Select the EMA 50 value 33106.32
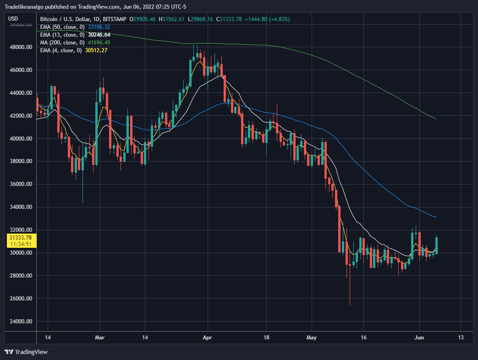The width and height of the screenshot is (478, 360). (x=99, y=27)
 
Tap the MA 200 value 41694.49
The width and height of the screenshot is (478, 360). (x=99, y=43)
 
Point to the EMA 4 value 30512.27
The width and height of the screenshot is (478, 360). (x=96, y=50)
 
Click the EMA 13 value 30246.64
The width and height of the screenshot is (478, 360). (x=99, y=35)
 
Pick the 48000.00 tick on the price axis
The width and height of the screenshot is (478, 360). (x=21, y=47)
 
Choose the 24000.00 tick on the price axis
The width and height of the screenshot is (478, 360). (x=21, y=322)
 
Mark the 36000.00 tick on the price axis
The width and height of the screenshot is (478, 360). (x=21, y=184)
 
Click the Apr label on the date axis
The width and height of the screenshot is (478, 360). (x=207, y=338)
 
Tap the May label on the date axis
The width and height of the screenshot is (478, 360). (x=312, y=338)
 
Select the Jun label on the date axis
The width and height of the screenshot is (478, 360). (x=419, y=338)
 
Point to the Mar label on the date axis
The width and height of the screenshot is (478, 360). (x=100, y=338)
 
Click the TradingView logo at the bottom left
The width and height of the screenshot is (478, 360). (x=26, y=352)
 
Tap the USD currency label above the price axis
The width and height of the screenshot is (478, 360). (x=13, y=19)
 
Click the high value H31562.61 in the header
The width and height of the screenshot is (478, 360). (x=171, y=19)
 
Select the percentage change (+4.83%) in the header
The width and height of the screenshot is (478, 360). (x=280, y=19)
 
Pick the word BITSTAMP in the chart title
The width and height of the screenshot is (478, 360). (x=115, y=19)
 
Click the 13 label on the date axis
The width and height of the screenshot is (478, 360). (x=461, y=338)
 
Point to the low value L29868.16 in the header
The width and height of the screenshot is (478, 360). (x=200, y=19)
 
